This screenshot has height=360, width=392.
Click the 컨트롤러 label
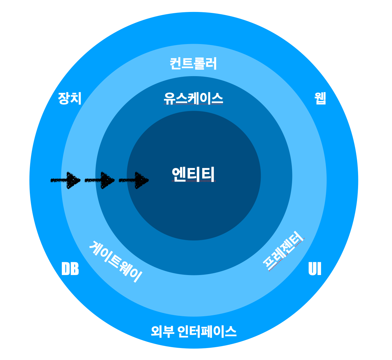[x=193, y=64]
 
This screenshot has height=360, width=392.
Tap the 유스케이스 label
[x=193, y=98]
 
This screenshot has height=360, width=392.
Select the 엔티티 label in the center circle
[x=193, y=174]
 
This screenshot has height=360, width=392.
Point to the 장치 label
[x=70, y=98]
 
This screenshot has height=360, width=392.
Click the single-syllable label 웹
[x=320, y=98]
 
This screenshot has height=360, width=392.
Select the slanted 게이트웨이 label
[x=116, y=262]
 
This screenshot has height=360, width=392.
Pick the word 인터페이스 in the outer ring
[x=207, y=331]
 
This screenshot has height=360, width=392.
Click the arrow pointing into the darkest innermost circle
[x=133, y=180]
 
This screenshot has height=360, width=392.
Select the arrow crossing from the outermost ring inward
[x=66, y=180]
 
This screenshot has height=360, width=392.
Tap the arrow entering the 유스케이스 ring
[x=100, y=180]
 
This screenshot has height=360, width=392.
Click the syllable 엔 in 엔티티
[x=179, y=174]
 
